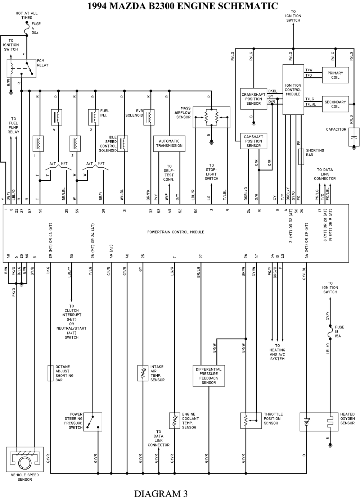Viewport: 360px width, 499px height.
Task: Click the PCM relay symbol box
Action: (22, 68)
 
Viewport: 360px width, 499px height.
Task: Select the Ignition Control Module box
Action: (293, 90)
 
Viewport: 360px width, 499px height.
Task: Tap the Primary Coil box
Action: (335, 75)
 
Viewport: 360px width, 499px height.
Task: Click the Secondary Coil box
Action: (335, 104)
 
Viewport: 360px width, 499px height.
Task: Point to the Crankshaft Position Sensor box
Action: (253, 99)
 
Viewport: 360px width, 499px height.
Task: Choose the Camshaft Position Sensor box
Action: (253, 141)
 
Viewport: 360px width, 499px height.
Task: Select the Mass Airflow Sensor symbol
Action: (211, 117)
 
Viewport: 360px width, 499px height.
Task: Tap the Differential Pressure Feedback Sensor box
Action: (208, 376)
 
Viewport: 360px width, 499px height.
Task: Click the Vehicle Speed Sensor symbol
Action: (25, 459)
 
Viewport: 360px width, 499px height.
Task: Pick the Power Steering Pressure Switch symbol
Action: (93, 422)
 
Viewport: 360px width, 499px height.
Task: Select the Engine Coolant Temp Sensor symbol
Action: (174, 421)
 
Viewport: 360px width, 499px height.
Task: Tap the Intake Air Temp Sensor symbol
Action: (143, 373)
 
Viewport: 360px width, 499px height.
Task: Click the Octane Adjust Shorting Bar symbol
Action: (50, 373)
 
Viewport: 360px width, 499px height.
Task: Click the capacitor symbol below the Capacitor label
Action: (354, 137)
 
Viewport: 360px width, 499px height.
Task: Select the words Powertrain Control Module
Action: (176, 232)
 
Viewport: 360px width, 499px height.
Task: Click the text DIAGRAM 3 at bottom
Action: (161, 493)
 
